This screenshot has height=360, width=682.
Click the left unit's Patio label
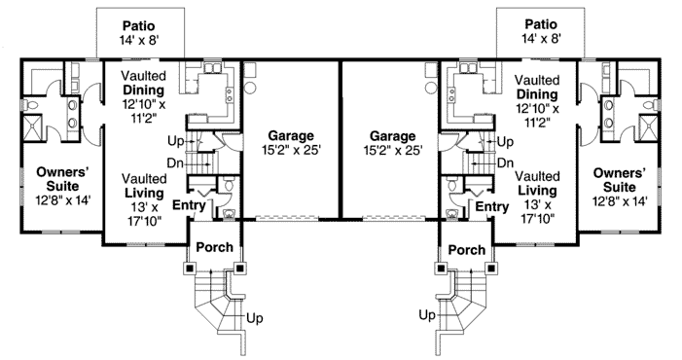[x=138, y=25]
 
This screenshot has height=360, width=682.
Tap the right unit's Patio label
[x=541, y=24]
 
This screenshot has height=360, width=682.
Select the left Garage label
[x=291, y=135]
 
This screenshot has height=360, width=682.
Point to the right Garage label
[x=392, y=135]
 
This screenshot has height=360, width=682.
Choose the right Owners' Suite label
[x=620, y=180]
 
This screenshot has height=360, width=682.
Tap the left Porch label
[x=214, y=247]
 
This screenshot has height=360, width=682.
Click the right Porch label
[x=467, y=249]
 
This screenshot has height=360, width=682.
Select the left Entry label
[x=189, y=204]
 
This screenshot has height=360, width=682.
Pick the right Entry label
[x=492, y=206]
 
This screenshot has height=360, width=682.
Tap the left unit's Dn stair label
[x=176, y=163]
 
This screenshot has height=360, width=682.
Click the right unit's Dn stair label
[x=505, y=163]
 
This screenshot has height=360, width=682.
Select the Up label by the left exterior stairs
[x=255, y=318]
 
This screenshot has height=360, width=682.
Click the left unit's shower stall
[x=32, y=126]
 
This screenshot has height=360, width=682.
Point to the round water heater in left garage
[x=250, y=88]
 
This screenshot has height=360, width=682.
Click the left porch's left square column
[x=190, y=269]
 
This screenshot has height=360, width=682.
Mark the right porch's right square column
[x=491, y=269]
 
